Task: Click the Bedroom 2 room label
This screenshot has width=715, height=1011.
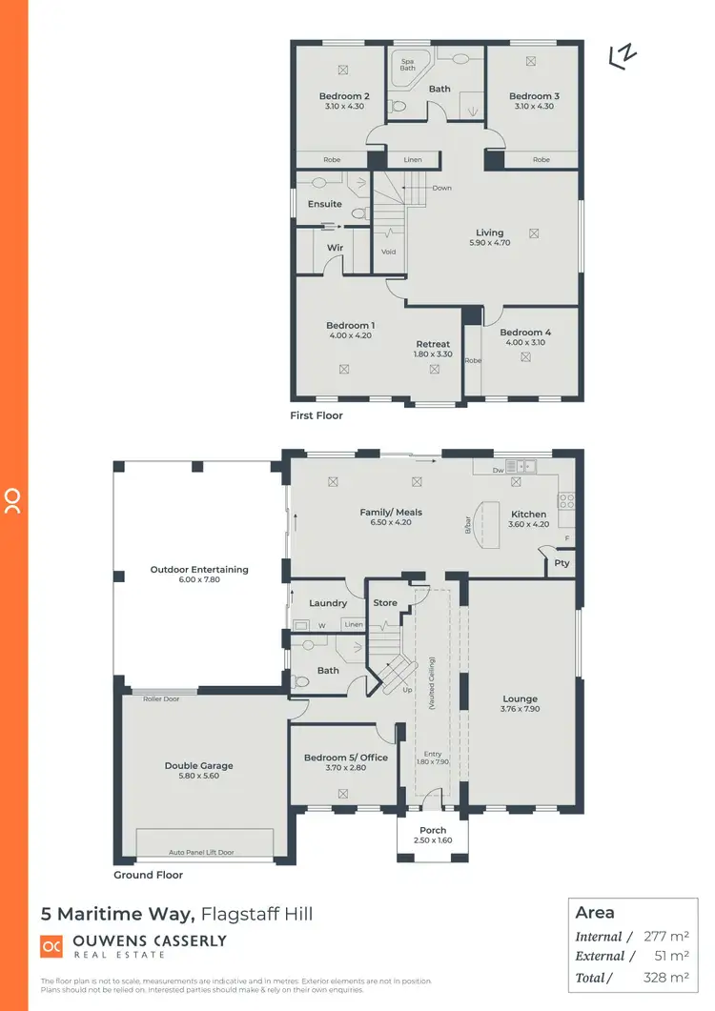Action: (x=344, y=96)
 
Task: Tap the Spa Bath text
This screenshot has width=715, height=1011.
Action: (x=408, y=65)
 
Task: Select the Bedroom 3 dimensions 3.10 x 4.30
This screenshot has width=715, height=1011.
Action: (x=534, y=107)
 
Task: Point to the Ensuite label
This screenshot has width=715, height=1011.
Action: (x=324, y=204)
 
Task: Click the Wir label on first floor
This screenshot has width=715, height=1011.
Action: (x=335, y=247)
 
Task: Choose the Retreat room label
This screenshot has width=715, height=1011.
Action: (x=433, y=344)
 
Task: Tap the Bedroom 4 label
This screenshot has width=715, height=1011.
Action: (x=525, y=333)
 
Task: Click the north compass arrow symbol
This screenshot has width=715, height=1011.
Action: (x=623, y=57)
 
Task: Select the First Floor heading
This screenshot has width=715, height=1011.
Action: (x=317, y=415)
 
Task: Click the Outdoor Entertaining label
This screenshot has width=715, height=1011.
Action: (x=199, y=569)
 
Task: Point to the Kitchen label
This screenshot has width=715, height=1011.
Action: (x=528, y=514)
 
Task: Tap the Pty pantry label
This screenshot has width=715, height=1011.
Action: (x=562, y=563)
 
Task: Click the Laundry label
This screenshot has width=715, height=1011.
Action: (x=328, y=603)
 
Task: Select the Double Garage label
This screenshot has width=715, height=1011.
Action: (x=198, y=765)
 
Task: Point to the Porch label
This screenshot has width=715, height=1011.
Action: (x=433, y=830)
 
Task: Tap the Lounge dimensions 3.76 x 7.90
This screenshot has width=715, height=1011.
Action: (x=521, y=709)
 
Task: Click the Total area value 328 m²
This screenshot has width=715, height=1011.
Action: (x=664, y=977)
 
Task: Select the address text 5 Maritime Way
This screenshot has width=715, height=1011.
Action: (x=118, y=914)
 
